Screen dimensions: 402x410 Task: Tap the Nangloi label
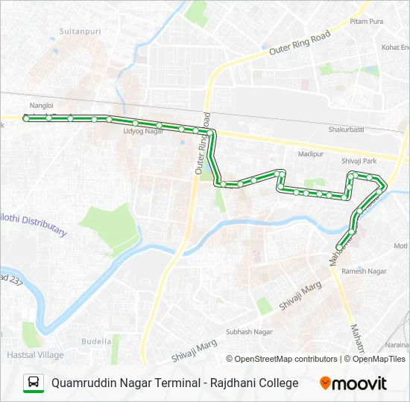(41, 106)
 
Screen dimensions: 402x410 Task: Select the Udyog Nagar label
(143, 131)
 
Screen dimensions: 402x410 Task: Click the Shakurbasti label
(346, 129)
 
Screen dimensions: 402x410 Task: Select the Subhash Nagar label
(250, 331)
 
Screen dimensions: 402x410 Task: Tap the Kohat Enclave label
(395, 47)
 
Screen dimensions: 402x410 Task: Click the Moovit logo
(353, 383)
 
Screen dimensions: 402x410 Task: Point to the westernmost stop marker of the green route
(26, 118)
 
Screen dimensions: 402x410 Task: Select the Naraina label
(398, 345)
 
